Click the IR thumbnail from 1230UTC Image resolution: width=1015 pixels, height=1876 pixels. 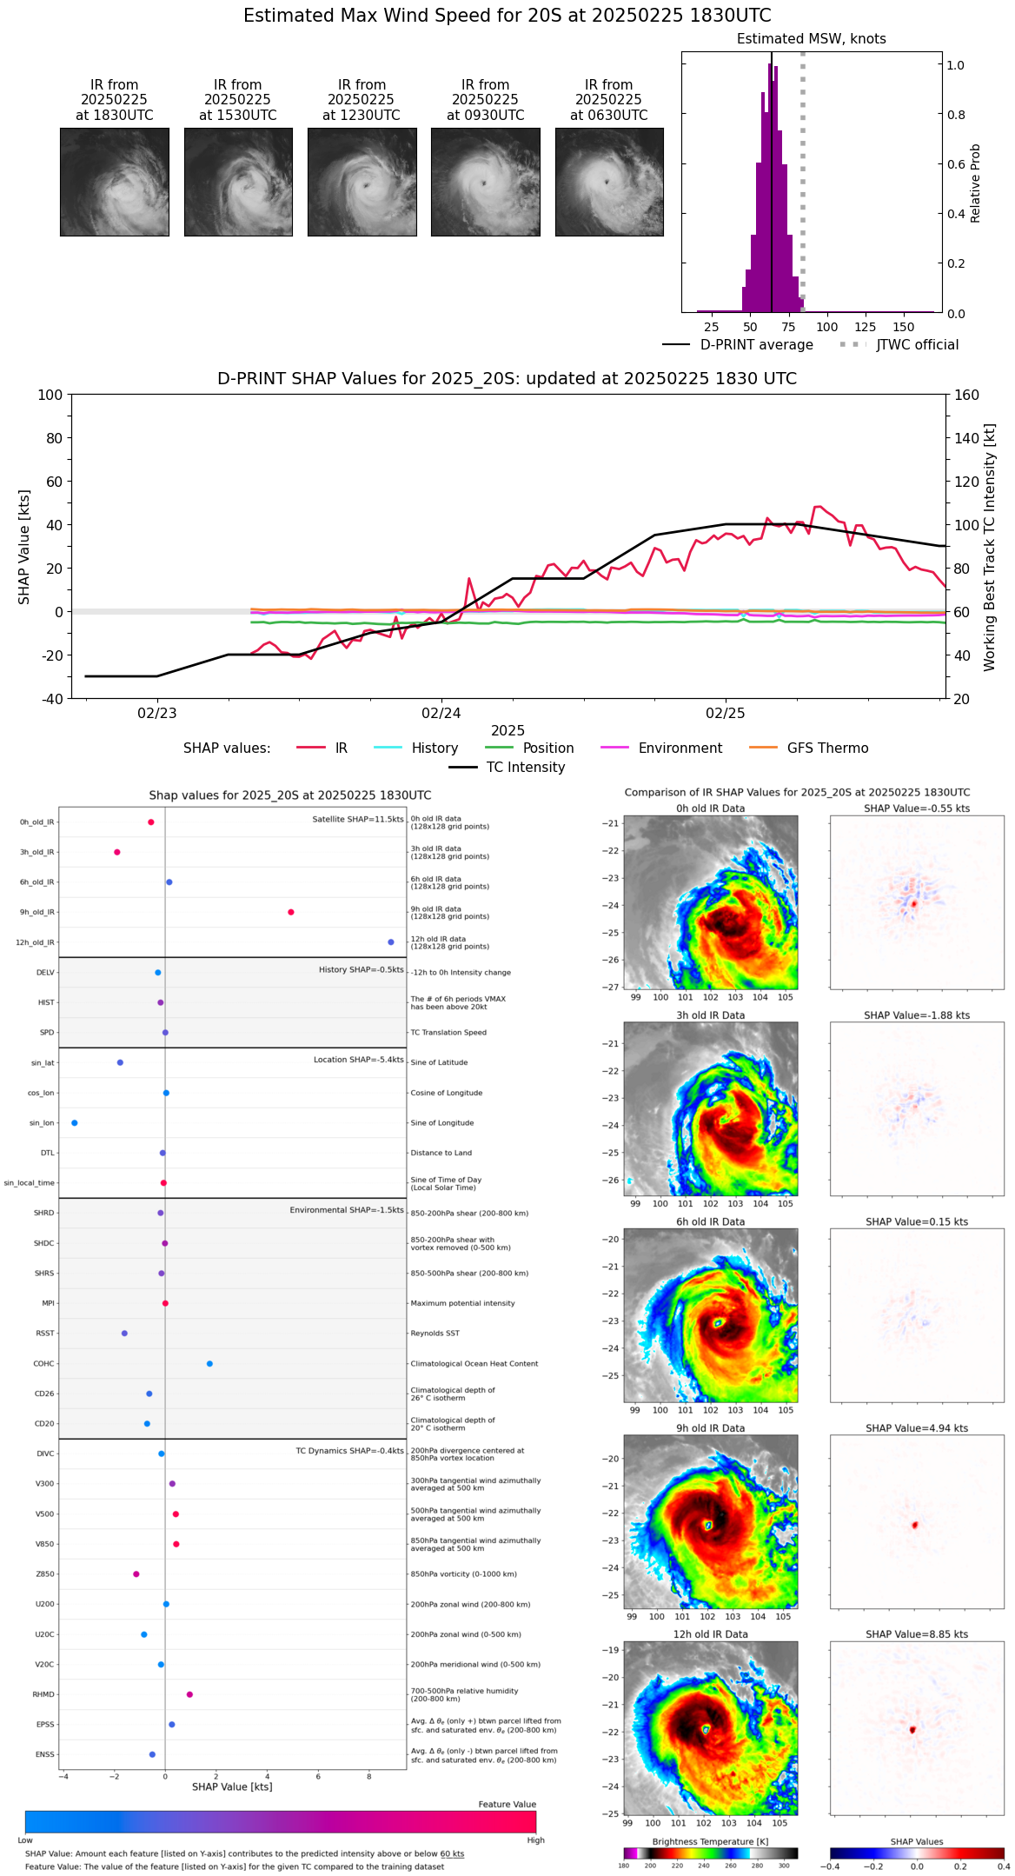tap(362, 182)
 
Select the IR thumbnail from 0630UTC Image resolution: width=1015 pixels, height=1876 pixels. tap(609, 182)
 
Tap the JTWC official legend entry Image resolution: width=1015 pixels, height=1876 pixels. tap(917, 345)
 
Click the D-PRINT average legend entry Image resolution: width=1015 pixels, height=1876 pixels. tap(756, 345)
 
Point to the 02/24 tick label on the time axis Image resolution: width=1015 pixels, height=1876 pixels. tap(441, 714)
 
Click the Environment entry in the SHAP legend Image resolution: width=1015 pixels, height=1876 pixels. tap(680, 748)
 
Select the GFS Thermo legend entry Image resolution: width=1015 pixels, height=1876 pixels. tap(827, 748)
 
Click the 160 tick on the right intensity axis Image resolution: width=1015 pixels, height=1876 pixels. tap(967, 396)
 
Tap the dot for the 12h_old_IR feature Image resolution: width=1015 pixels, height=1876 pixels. tap(391, 942)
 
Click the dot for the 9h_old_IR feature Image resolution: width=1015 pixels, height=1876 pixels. tap(291, 912)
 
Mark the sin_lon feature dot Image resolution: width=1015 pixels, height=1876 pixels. tap(75, 1123)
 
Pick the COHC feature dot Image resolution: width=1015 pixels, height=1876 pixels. tap(209, 1364)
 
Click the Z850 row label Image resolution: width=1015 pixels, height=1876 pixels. tap(45, 1574)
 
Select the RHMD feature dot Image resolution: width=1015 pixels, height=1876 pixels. tap(189, 1694)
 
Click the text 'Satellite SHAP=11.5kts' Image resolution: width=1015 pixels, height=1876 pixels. tap(358, 820)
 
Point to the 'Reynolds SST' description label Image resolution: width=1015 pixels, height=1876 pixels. tap(435, 1334)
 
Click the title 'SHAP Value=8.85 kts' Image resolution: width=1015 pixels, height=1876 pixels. tap(917, 1634)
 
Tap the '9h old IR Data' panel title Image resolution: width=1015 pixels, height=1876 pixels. tap(710, 1428)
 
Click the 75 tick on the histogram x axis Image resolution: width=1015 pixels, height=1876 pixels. tap(788, 328)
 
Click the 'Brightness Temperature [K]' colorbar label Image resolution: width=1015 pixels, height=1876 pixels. tap(710, 1841)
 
